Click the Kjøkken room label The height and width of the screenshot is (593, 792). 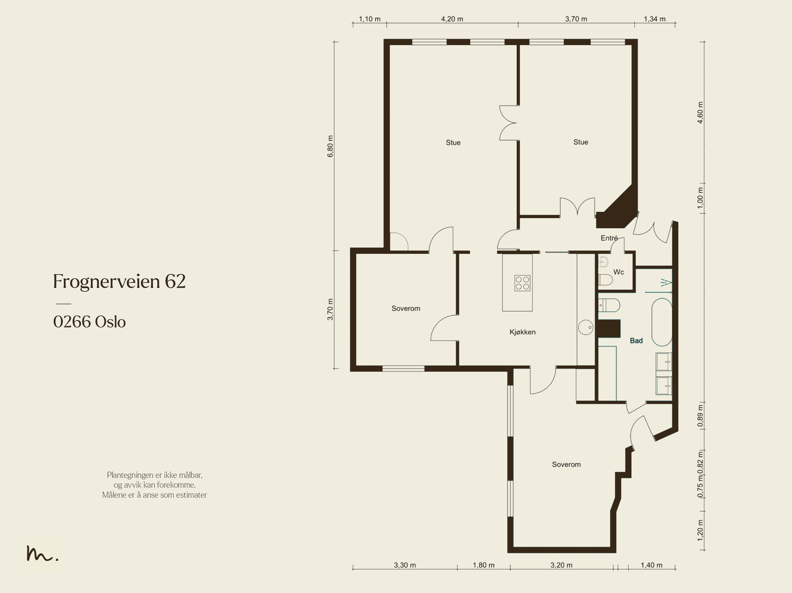tap(522, 332)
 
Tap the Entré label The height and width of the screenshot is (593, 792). tap(609, 238)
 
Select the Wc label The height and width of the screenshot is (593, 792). tap(618, 272)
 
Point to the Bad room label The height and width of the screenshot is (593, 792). tap(636, 341)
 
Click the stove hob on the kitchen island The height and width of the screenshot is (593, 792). tap(522, 283)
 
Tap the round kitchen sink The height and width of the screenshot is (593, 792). tap(586, 327)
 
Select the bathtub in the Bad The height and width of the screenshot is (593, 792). tap(662, 322)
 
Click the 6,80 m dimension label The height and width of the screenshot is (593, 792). tap(331, 146)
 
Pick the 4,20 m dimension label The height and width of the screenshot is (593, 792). tap(452, 19)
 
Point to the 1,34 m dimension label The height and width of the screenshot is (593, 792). tap(654, 19)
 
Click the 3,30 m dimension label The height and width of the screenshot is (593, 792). tap(405, 565)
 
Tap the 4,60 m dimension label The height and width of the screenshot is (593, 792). tap(700, 112)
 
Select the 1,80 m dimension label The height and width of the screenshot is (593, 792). tap(484, 565)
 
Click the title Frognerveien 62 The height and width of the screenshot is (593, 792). tap(119, 282)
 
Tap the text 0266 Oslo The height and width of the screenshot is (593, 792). tap(90, 322)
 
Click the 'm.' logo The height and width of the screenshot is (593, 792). tap(42, 553)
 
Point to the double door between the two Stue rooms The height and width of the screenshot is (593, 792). tap(509, 123)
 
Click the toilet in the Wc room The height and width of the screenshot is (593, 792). tap(605, 280)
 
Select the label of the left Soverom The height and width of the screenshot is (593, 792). tap(405, 308)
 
